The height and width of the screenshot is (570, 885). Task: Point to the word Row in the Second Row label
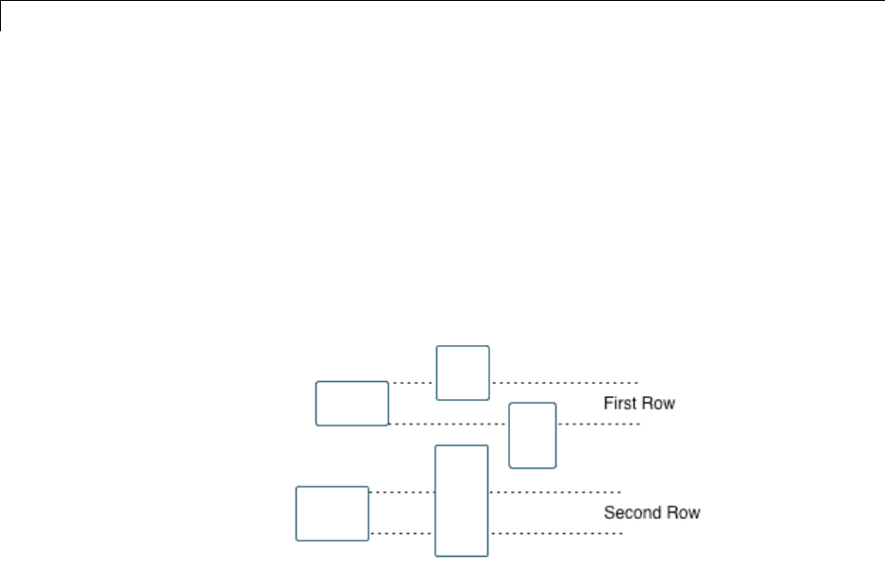point(681,513)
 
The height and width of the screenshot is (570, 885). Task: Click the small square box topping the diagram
point(463,372)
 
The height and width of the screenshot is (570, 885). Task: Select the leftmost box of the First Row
point(352,404)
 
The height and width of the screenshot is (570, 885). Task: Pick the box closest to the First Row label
point(533,435)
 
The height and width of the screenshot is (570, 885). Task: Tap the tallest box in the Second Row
point(461,500)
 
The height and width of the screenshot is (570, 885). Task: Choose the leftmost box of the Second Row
point(332,513)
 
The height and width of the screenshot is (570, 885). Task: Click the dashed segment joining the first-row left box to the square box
point(412,383)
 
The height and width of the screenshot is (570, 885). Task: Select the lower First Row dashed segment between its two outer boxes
point(449,424)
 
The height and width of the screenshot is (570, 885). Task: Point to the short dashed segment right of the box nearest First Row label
point(599,424)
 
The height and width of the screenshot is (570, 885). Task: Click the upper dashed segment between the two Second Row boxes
point(401,492)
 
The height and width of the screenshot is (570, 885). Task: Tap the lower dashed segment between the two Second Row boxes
point(401,534)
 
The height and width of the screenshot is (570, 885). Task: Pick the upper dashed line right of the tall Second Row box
point(554,492)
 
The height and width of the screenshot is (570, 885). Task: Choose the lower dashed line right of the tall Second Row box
point(555,534)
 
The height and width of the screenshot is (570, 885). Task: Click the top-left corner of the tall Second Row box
point(435,446)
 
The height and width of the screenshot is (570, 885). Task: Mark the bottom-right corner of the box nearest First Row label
point(555,467)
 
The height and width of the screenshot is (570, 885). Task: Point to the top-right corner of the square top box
point(488,347)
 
